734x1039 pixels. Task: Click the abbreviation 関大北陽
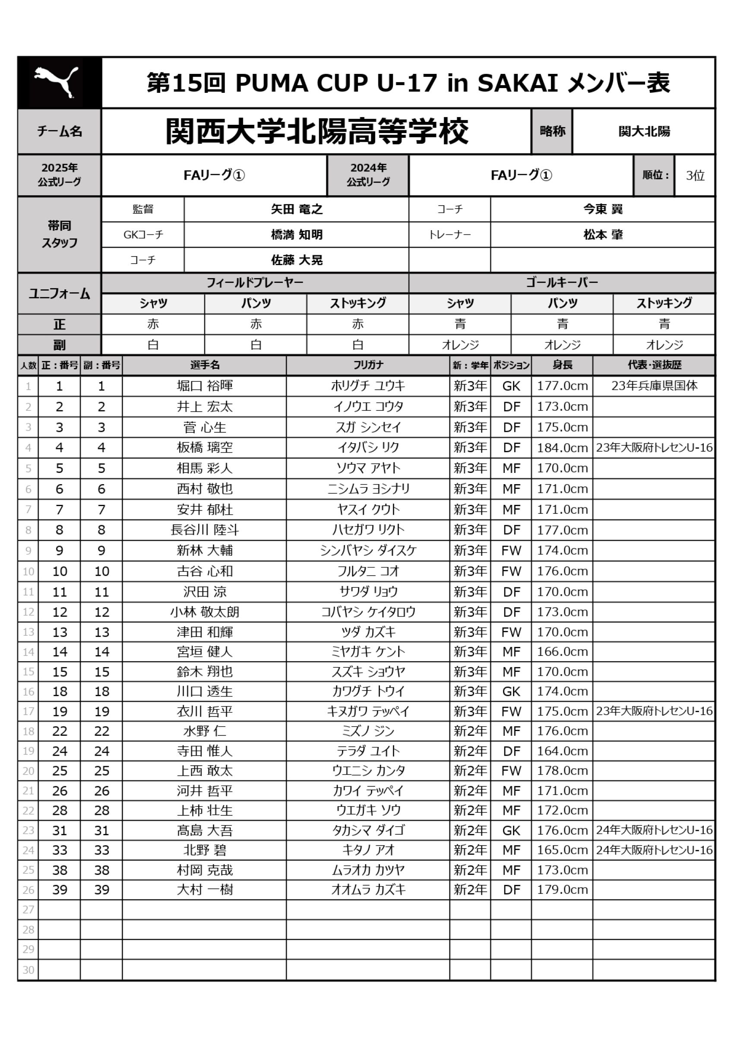coord(644,132)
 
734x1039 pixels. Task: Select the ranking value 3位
coord(695,176)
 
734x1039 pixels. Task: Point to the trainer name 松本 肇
coord(603,234)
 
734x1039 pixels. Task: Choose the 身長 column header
coord(562,365)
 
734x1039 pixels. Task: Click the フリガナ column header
coord(368,365)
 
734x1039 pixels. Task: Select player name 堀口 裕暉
coord(205,386)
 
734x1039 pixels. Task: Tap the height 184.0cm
coord(562,448)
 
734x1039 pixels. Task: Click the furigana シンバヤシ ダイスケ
coord(368,551)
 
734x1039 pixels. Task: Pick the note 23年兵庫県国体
coord(654,386)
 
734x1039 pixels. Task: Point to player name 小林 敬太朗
coord(205,612)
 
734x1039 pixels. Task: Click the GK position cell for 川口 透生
coord(511,691)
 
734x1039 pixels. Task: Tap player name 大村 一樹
coord(205,890)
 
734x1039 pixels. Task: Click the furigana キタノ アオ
coord(368,850)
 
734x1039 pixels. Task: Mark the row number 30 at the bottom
coord(28,970)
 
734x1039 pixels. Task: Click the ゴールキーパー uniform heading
coord(562,283)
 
